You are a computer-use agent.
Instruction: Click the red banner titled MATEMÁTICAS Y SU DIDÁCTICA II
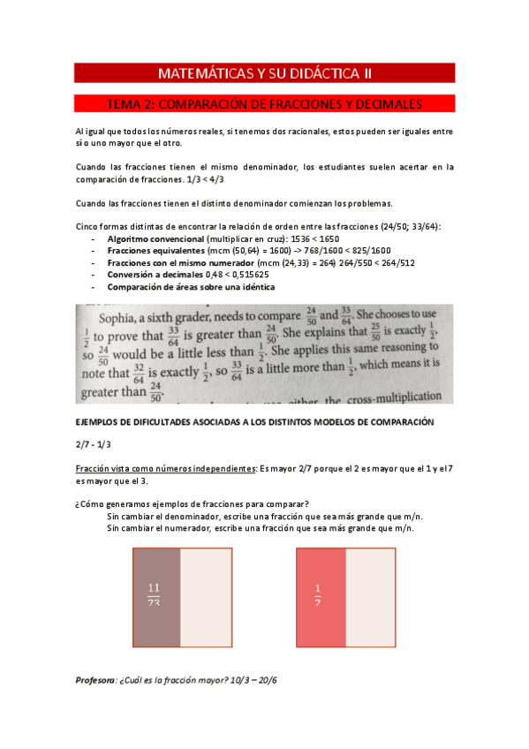pos(264,72)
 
